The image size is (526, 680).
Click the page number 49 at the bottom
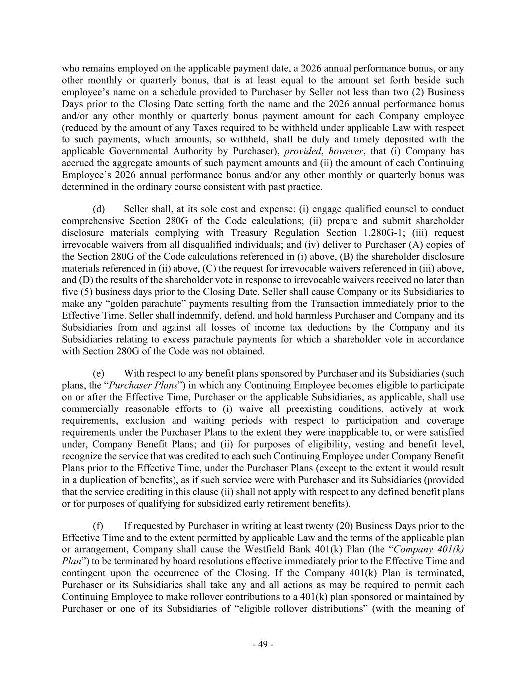[263, 644]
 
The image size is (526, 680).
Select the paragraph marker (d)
[99, 209]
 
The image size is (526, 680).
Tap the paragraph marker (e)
[99, 373]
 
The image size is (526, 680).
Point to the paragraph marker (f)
[98, 526]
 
